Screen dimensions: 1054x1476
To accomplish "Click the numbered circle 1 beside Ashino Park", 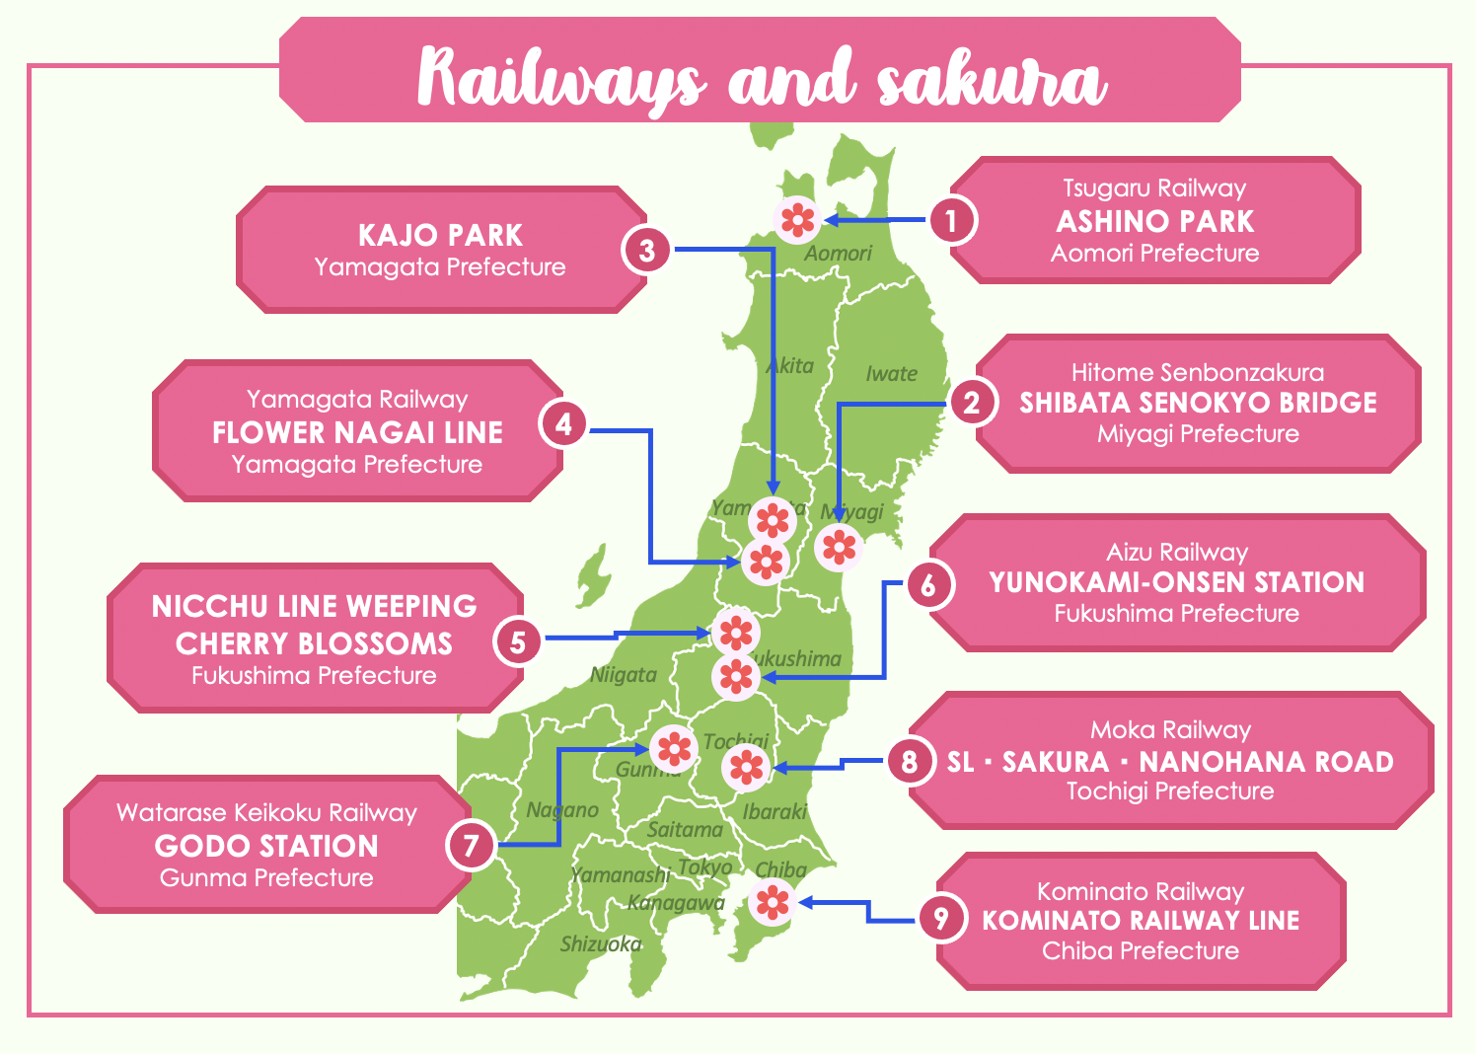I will tap(951, 220).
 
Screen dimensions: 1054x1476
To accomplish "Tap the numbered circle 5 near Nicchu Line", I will tap(518, 642).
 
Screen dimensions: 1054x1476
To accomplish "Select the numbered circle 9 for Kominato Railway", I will tap(940, 919).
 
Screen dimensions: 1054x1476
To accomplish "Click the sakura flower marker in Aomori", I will tap(797, 219).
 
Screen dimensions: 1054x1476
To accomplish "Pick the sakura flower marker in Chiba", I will tap(772, 901).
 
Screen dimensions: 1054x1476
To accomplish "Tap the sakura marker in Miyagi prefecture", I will tap(840, 546).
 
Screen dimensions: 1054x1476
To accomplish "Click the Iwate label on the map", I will tap(891, 374).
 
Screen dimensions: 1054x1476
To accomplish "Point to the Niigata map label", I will tap(623, 675).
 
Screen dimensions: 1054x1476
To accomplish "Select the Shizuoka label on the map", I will tap(600, 944).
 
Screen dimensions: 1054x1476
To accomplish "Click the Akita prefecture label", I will tap(790, 366).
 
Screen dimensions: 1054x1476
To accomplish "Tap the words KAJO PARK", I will tap(440, 235).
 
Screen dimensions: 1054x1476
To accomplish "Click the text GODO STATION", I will tap(266, 846).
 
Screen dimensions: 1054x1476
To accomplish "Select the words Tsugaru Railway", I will tap(1154, 188).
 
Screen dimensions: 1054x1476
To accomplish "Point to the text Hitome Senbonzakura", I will tap(1198, 372).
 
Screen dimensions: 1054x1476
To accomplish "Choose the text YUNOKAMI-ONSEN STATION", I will tap(1176, 582).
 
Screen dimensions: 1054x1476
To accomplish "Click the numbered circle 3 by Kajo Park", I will tap(647, 250).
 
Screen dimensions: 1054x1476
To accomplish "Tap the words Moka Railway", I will tap(1170, 730).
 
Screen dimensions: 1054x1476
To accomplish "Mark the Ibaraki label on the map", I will tap(775, 811).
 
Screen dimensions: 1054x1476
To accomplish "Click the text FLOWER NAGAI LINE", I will tap(357, 432).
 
